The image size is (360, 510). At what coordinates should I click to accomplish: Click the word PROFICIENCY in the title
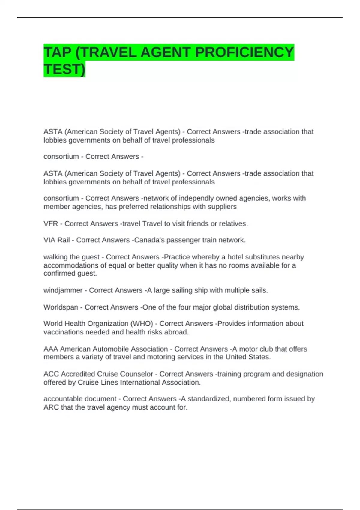coord(244,52)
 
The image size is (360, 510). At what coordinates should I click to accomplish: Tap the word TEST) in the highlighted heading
coord(64,69)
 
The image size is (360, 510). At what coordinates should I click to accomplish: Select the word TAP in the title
coord(57,52)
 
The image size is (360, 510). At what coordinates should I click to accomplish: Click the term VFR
coord(50,224)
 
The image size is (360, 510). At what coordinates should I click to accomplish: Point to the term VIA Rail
coord(57,240)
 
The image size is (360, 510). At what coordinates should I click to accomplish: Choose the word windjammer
coord(63,290)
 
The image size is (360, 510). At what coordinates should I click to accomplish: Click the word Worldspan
coord(61,307)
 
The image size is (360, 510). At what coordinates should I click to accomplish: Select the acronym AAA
coord(51,349)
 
